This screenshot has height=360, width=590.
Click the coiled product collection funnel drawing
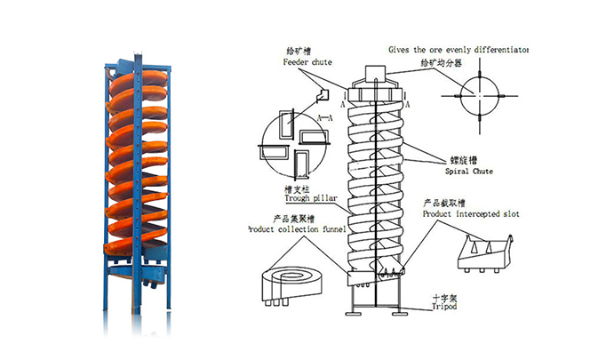290,284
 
